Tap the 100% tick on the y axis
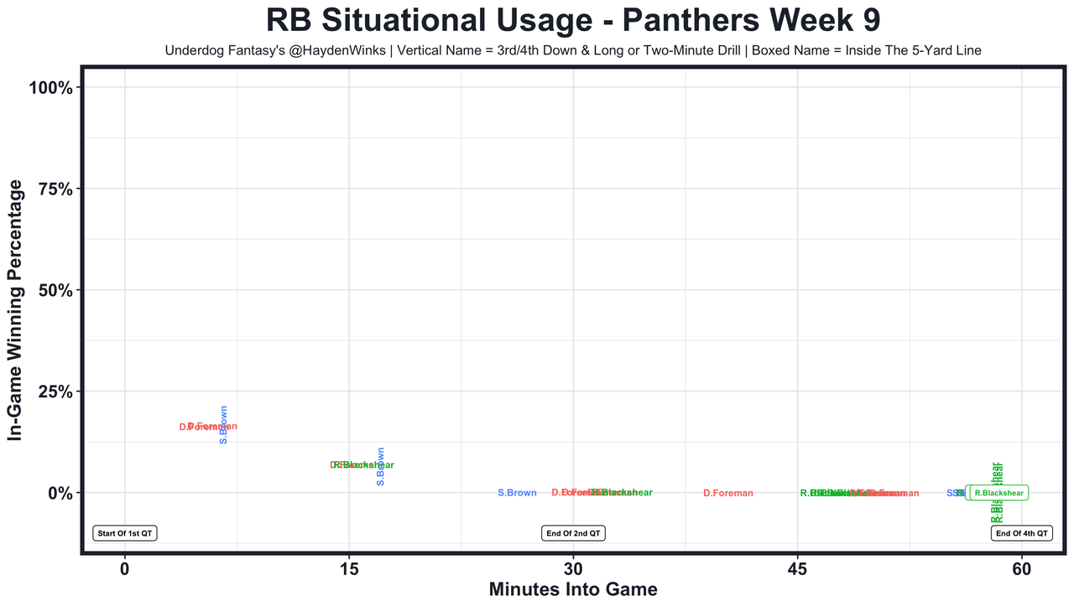coord(55,88)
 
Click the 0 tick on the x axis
coord(124,569)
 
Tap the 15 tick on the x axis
coord(348,569)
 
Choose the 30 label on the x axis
coord(573,569)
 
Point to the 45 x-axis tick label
coord(797,569)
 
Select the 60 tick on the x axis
coord(1022,569)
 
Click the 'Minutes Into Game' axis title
coord(573,590)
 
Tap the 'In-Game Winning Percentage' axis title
coord(14,310)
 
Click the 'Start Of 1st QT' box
coord(125,533)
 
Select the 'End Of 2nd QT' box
coord(573,533)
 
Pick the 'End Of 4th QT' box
coord(1022,533)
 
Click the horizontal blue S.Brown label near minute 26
coord(517,493)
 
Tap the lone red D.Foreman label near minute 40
coord(728,493)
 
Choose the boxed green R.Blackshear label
coord(998,493)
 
